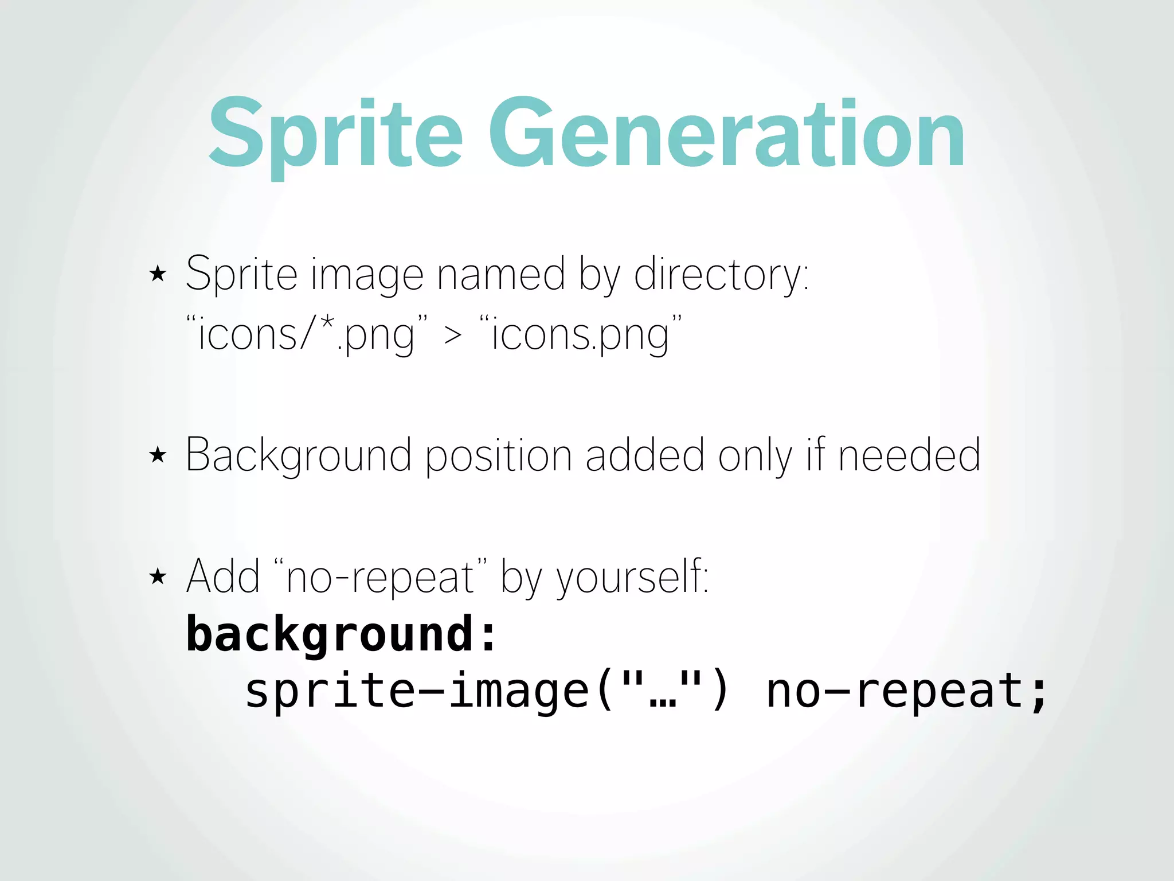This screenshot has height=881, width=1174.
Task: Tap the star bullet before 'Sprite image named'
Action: [158, 274]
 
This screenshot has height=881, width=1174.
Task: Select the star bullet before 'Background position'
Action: [158, 455]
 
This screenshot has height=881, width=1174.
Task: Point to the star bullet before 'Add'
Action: [158, 576]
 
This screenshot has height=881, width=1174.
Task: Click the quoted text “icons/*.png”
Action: [307, 334]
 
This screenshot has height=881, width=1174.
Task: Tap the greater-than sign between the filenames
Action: [453, 335]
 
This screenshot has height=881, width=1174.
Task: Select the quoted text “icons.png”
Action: [580, 334]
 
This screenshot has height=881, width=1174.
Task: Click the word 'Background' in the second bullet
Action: [299, 455]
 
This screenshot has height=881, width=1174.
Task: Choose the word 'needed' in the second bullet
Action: [909, 454]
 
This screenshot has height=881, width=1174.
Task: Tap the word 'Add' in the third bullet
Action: [223, 576]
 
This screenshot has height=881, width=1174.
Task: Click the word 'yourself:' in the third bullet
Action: [633, 577]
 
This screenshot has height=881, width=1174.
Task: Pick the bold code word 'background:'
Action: [342, 635]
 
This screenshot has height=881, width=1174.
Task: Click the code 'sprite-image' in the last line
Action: [417, 691]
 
